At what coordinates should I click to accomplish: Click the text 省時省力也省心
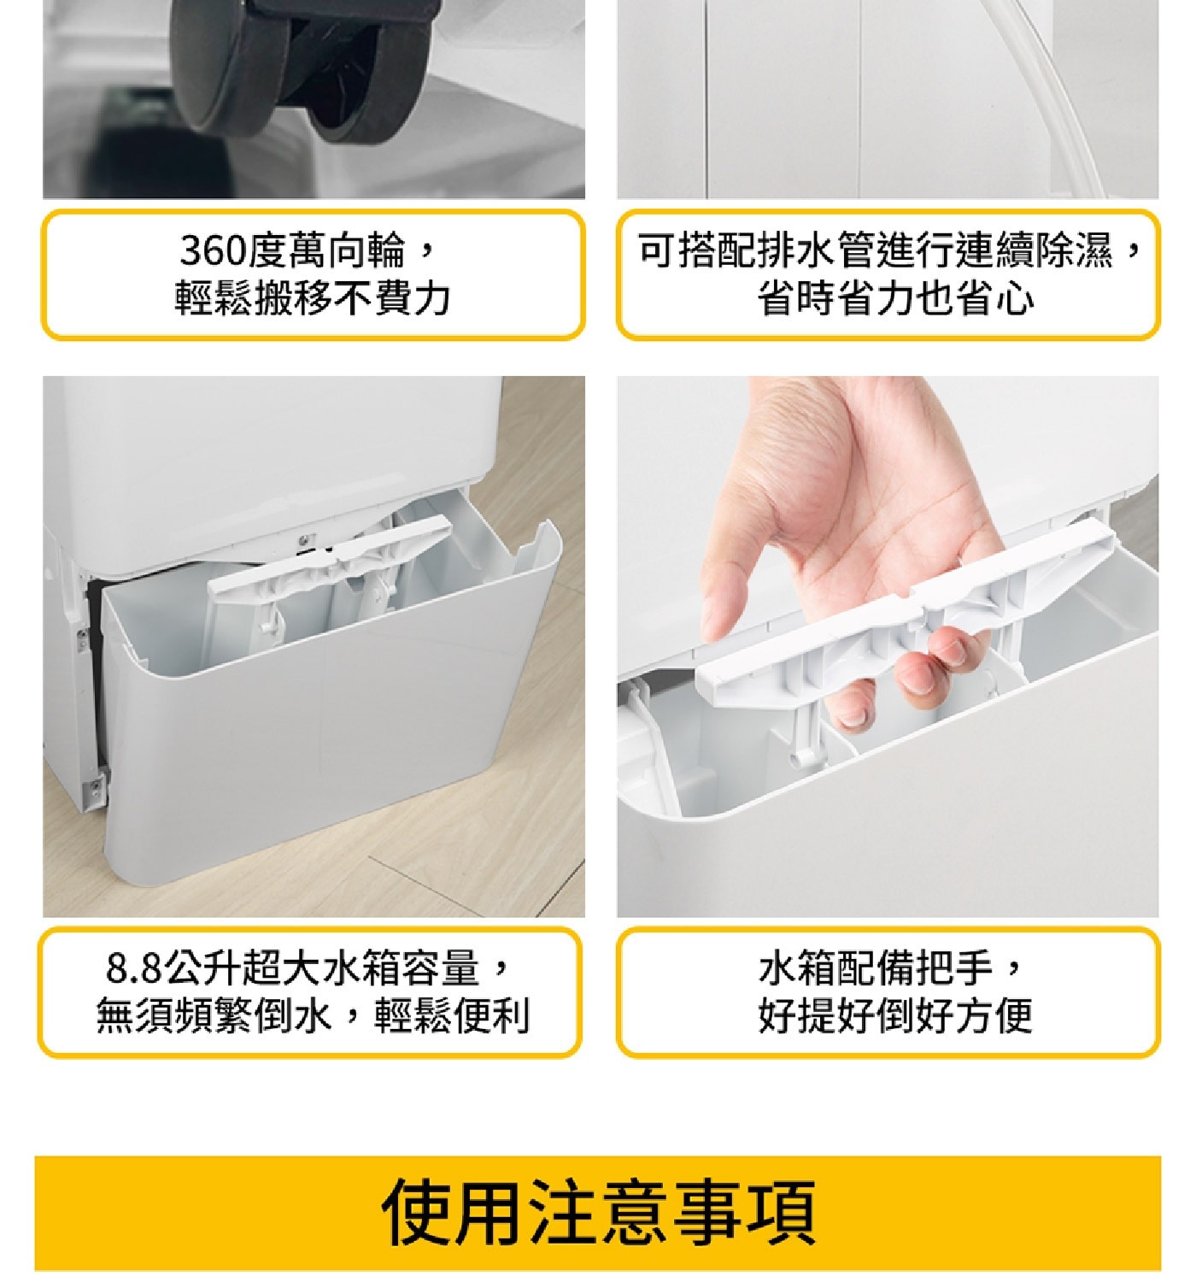[894, 298]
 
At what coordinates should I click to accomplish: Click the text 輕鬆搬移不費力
[313, 298]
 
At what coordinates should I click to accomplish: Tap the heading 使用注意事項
[598, 1212]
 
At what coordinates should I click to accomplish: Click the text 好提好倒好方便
[894, 1015]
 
